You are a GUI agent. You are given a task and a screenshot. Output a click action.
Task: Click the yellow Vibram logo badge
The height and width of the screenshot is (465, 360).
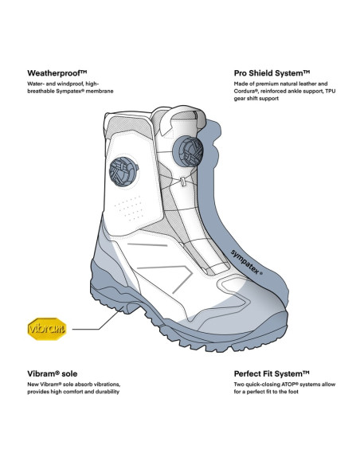pos(47,329)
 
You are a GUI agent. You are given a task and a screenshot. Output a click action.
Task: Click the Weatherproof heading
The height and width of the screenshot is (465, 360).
pos(57,73)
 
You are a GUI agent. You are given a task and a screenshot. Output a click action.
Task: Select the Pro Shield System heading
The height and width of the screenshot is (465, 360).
pos(272,73)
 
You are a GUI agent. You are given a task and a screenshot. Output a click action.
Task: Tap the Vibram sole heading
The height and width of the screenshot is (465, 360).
pos(53,373)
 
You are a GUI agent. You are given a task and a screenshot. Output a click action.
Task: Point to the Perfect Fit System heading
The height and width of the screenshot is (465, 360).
pos(272,373)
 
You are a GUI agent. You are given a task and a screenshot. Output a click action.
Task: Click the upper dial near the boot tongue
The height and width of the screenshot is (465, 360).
pos(188,151)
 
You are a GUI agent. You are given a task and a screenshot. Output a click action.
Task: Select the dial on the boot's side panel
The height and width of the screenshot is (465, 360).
pos(123,171)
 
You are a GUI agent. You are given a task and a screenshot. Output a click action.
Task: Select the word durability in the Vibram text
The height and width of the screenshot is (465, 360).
pos(108,392)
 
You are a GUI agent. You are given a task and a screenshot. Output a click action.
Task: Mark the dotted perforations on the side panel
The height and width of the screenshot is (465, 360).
pos(129,208)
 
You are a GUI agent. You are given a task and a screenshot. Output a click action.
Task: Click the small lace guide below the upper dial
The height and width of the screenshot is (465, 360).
pos(183,182)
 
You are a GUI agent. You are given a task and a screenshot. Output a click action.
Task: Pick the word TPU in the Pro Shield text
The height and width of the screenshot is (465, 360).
pos(331,91)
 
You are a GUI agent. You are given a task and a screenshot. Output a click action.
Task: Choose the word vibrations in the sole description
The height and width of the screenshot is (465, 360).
pos(108,385)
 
